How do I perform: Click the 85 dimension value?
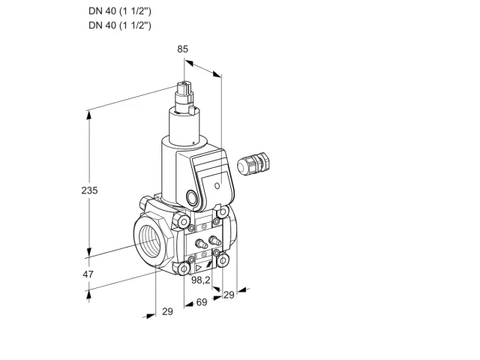(182, 49)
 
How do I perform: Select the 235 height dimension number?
(89, 190)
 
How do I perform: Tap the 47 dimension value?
(88, 274)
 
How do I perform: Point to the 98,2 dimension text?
(201, 280)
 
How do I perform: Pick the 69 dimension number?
(202, 302)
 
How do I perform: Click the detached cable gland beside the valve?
(253, 163)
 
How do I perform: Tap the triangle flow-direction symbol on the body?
(199, 268)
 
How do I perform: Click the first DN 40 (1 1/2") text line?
(120, 11)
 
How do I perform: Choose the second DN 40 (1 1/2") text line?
(120, 25)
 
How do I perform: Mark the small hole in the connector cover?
(217, 185)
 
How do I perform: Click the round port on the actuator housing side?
(192, 197)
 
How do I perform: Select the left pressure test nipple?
(200, 243)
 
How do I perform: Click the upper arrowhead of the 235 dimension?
(89, 115)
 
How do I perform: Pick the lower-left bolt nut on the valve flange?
(184, 269)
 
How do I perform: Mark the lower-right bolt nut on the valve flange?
(223, 261)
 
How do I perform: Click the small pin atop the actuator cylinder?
(192, 110)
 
